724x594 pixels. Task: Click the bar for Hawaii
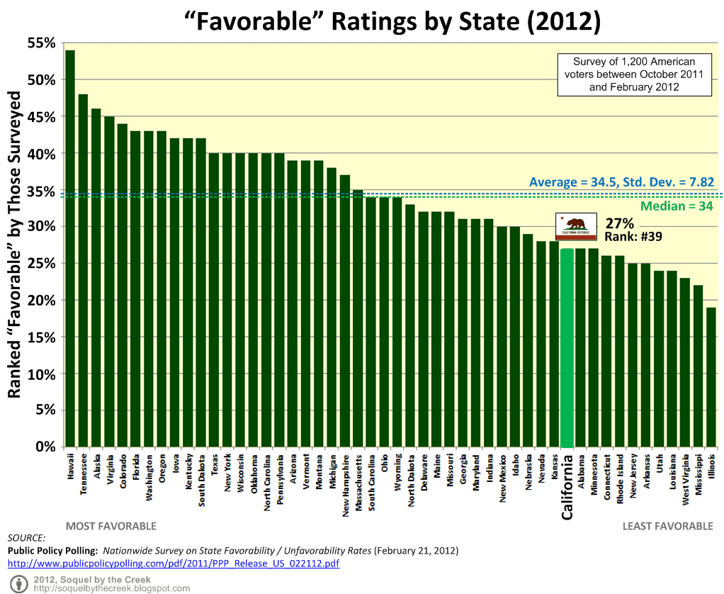point(69,248)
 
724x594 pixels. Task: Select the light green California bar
point(567,347)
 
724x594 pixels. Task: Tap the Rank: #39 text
point(633,237)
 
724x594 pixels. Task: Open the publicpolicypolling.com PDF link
point(173,564)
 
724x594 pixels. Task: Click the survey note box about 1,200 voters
point(633,74)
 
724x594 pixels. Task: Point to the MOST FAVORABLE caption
point(111,526)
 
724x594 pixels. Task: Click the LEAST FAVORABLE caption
point(667,526)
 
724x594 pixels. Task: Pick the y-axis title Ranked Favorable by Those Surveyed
point(14,245)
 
